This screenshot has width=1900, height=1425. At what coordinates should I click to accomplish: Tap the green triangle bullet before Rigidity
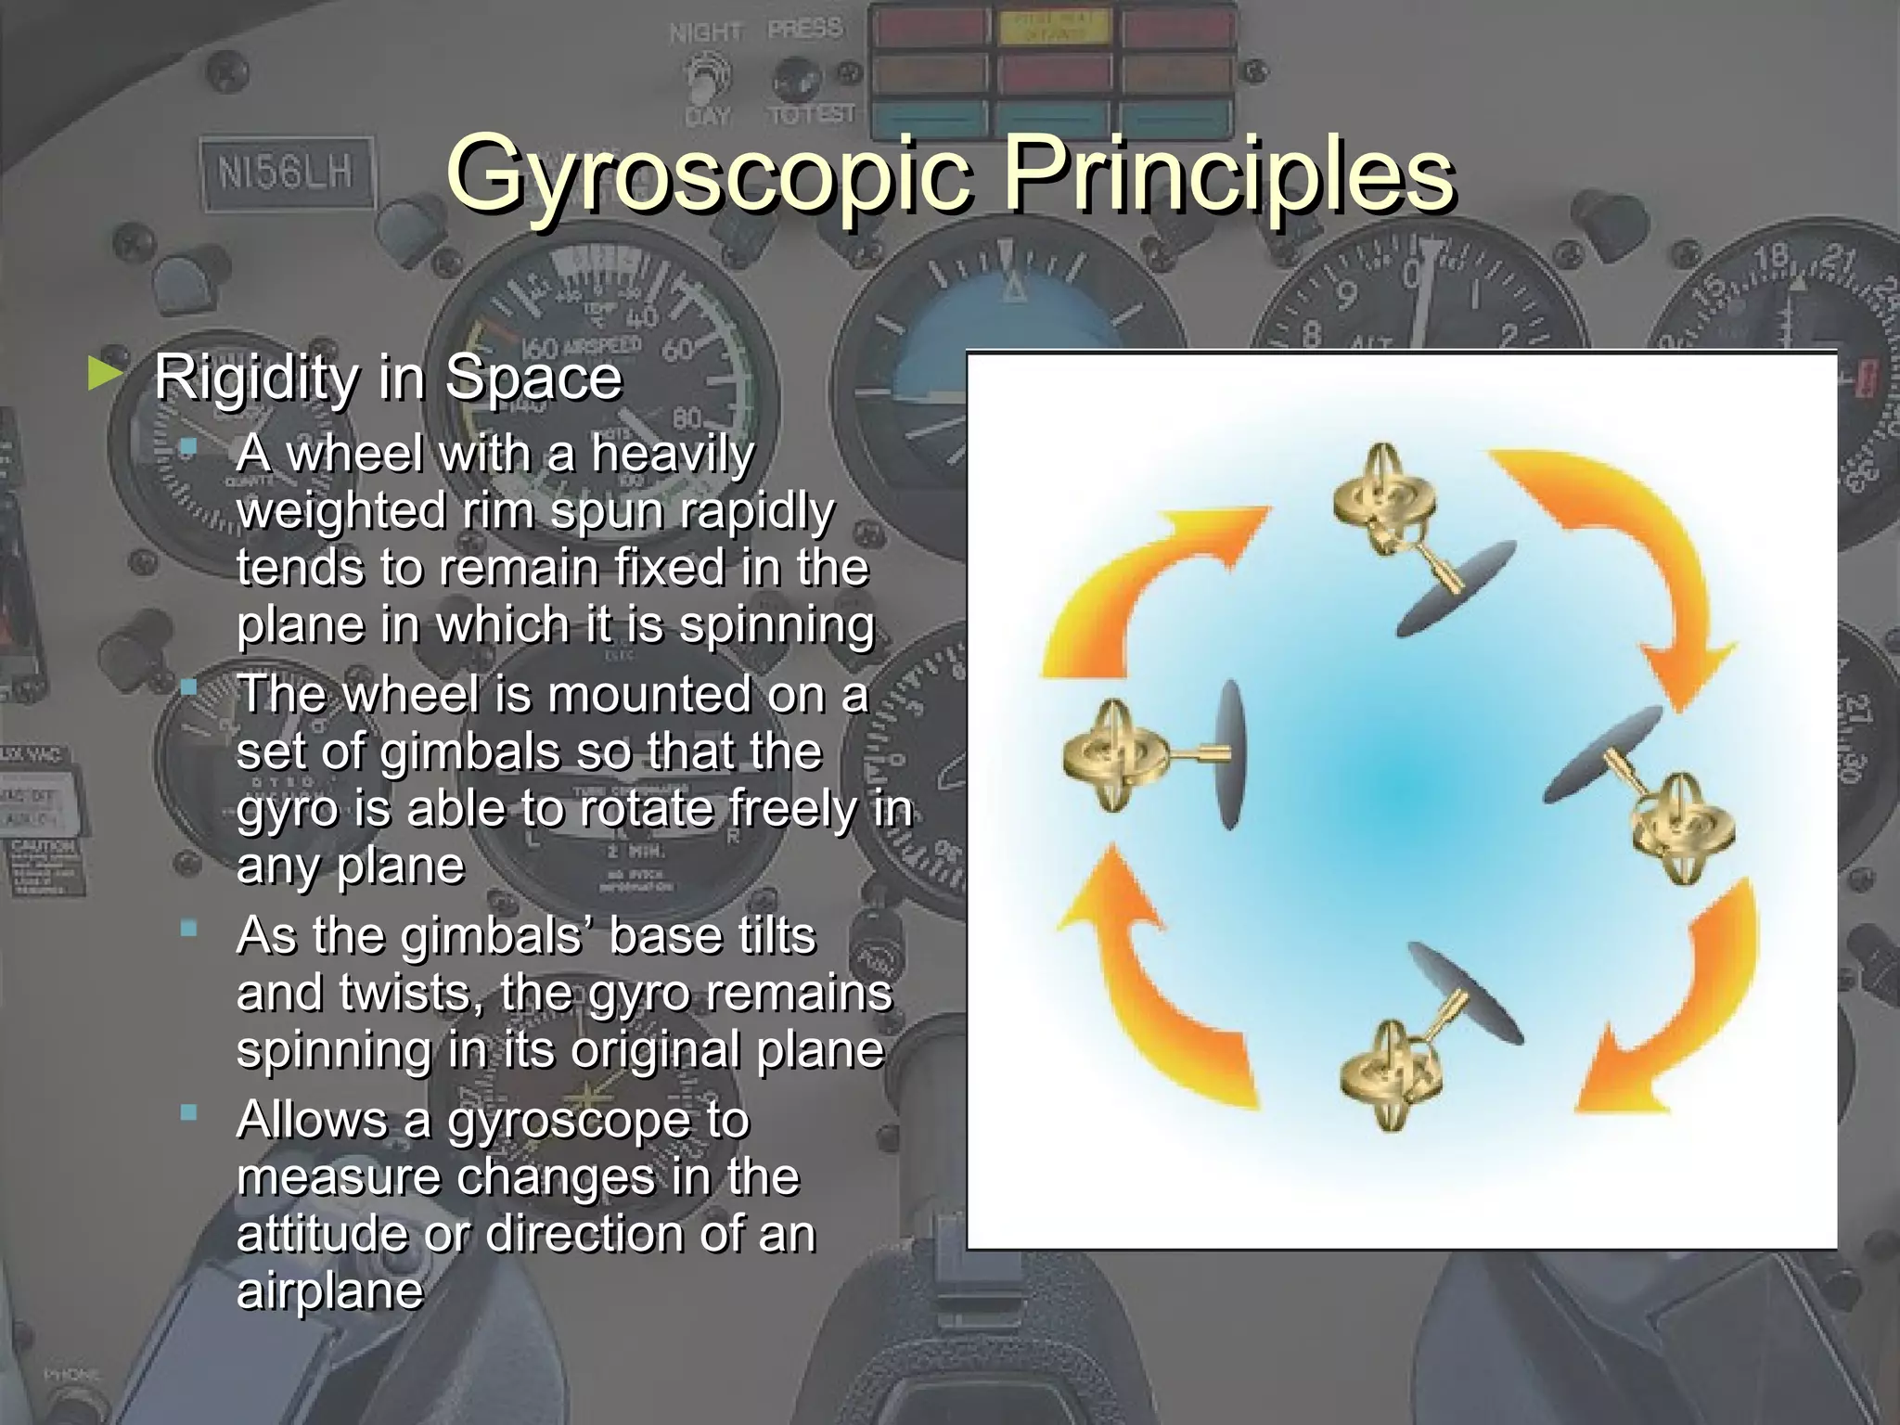tap(104, 375)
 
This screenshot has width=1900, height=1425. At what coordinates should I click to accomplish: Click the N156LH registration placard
tap(285, 173)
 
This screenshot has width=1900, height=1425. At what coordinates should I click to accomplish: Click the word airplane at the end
tap(329, 1290)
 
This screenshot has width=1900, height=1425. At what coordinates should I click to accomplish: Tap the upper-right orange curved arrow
tap(1633, 547)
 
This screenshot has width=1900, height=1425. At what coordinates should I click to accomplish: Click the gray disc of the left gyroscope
tap(1229, 753)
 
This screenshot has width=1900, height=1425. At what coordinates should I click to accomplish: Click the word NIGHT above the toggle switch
tap(705, 33)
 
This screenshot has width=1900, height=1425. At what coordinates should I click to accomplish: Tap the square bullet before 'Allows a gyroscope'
tap(189, 1112)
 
